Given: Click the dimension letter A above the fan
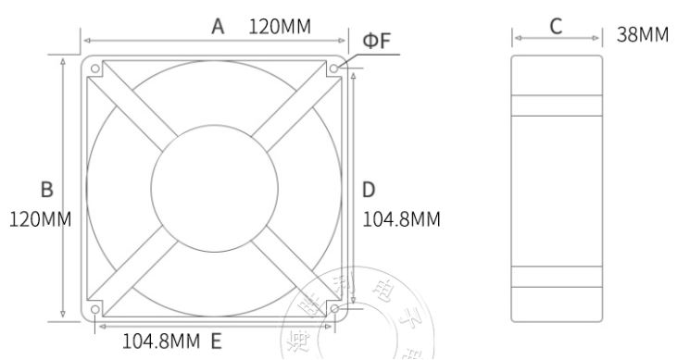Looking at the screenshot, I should [x=218, y=26].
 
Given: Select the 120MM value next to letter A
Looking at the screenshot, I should [x=280, y=26].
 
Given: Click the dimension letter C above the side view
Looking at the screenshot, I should [x=557, y=26].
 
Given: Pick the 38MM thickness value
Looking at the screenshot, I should [x=642, y=35].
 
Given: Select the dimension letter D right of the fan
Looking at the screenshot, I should [x=368, y=190].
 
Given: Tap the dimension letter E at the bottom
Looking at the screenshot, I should [x=215, y=341].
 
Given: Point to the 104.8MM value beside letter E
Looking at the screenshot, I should [x=161, y=341].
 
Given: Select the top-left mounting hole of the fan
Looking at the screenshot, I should [x=95, y=68].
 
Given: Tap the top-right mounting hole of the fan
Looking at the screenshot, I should [x=332, y=68].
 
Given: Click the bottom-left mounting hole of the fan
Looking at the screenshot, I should [x=95, y=309].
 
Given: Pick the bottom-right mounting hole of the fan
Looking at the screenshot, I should [x=332, y=309].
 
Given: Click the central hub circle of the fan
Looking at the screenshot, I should [x=214, y=189].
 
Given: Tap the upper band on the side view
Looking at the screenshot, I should [x=557, y=105].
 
